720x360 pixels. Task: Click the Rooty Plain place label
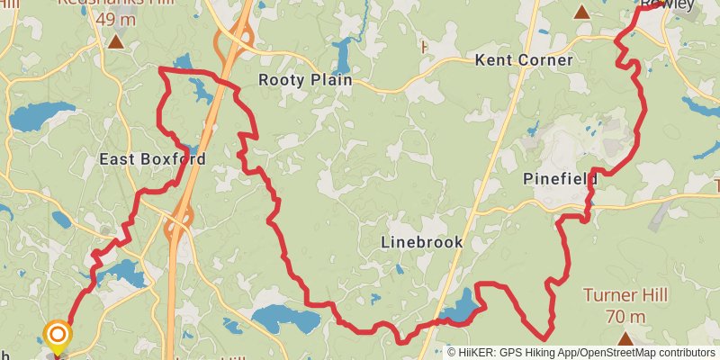click(x=304, y=80)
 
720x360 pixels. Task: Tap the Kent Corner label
click(x=524, y=60)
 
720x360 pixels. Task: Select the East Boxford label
click(x=152, y=159)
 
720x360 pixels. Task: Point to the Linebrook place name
click(x=421, y=242)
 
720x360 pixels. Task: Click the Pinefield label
click(x=561, y=179)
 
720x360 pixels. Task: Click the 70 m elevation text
click(x=625, y=316)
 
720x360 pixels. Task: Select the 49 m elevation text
click(x=115, y=19)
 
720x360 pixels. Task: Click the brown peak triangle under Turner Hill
click(x=625, y=337)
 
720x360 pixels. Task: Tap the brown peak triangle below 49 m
click(x=115, y=41)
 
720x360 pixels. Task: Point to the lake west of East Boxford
click(x=41, y=115)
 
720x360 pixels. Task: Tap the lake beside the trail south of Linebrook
click(x=458, y=309)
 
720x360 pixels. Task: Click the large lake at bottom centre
click(x=280, y=317)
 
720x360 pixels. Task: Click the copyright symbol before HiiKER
click(x=452, y=353)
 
